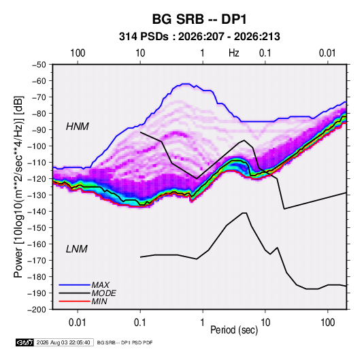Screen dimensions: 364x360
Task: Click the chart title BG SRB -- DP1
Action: [199, 19]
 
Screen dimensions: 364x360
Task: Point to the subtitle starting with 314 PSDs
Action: [199, 37]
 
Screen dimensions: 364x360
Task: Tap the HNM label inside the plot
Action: [78, 127]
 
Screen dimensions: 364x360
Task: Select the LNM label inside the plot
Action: [77, 249]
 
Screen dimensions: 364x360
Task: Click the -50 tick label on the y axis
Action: [39, 65]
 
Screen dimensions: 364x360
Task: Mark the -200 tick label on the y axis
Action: [37, 310]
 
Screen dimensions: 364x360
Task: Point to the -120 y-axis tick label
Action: [37, 179]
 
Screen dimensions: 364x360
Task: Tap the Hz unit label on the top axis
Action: [234, 53]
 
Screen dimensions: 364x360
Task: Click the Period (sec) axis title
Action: [234, 330]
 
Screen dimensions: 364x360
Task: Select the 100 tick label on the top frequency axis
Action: [78, 53]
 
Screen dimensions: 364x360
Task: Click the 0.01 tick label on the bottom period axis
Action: [78, 323]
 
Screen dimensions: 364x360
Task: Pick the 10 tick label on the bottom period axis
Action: [265, 323]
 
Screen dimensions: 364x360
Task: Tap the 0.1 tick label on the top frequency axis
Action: [265, 53]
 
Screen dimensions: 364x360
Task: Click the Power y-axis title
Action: [18, 187]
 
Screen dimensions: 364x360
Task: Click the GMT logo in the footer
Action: [25, 342]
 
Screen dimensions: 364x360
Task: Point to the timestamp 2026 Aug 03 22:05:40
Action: [63, 342]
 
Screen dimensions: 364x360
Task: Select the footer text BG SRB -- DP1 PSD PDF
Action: [125, 342]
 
